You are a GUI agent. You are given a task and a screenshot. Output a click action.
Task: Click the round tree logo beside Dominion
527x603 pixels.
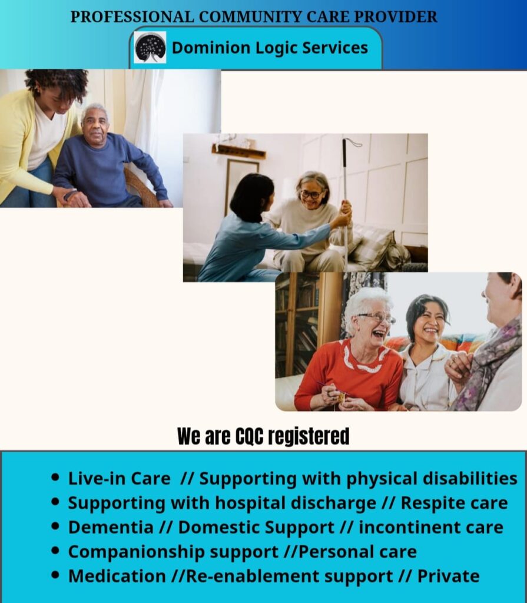pyautogui.click(x=150, y=47)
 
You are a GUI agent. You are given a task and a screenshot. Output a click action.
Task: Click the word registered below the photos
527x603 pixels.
pyautogui.click(x=309, y=437)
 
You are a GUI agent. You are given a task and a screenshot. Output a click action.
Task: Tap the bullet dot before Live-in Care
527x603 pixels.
pyautogui.click(x=55, y=478)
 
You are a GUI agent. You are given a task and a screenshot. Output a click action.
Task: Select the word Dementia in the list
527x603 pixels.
pyautogui.click(x=111, y=527)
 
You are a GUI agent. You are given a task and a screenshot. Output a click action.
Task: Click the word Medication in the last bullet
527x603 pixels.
pyautogui.click(x=117, y=576)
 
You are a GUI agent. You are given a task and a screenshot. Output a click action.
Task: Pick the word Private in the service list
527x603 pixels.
pyautogui.click(x=449, y=576)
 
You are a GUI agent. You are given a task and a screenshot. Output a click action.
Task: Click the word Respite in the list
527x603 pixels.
pyautogui.click(x=429, y=503)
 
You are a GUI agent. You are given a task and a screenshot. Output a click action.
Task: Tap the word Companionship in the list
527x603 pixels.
pyautogui.click(x=137, y=552)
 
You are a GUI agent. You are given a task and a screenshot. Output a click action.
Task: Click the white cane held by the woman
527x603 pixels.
pyautogui.click(x=346, y=204)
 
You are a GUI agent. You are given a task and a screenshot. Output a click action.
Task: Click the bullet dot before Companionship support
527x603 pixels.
pyautogui.click(x=55, y=551)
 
